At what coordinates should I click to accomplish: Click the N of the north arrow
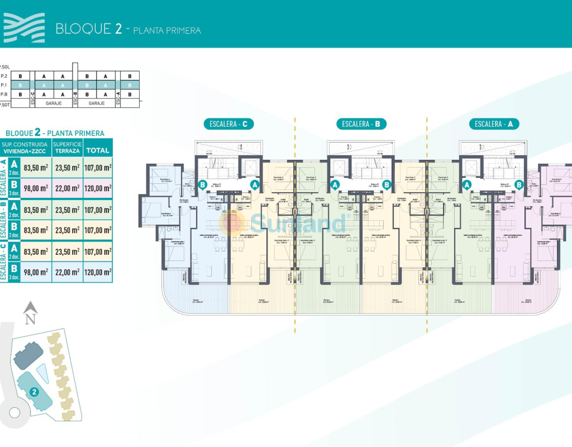click(31, 319)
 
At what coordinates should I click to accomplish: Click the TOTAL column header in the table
click(98, 150)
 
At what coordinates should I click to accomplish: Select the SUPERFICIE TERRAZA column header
click(67, 148)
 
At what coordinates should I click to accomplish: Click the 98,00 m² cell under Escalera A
click(36, 188)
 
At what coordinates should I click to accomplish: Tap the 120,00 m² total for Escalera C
click(98, 272)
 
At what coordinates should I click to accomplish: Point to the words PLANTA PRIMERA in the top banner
click(167, 30)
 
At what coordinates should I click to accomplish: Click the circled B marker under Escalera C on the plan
click(203, 184)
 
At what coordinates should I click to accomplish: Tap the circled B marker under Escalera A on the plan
click(519, 184)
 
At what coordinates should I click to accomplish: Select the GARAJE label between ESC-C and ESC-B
click(54, 103)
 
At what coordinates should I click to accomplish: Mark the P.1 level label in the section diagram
click(4, 85)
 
